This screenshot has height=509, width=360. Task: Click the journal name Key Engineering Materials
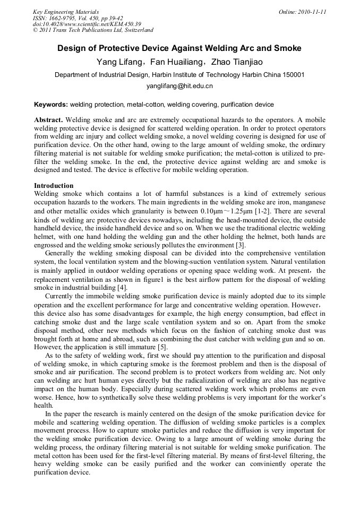click(x=66, y=12)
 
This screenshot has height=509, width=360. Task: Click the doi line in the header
click(x=87, y=24)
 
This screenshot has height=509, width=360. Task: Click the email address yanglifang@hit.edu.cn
click(x=179, y=85)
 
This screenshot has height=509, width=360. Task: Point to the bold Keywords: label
click(x=51, y=105)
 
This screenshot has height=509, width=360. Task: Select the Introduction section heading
click(x=54, y=186)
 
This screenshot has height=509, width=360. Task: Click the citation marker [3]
click(x=240, y=245)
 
